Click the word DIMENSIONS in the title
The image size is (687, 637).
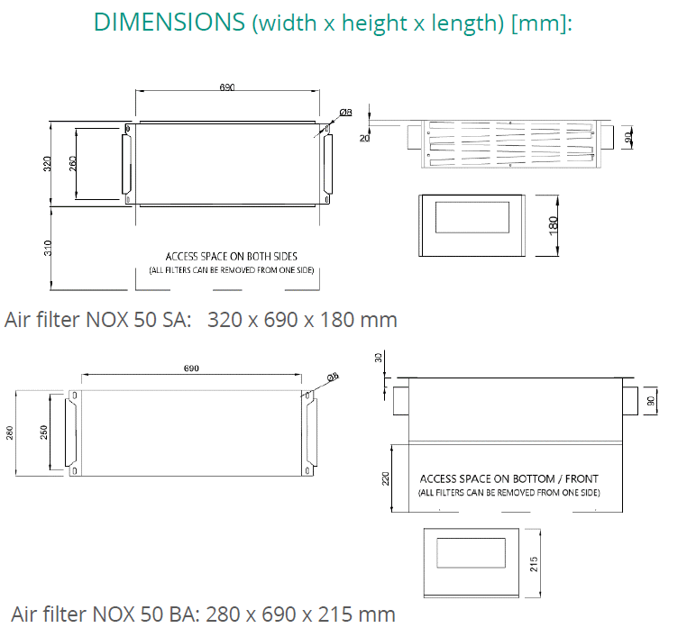(x=169, y=22)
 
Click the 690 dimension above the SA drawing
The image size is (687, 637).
(x=227, y=87)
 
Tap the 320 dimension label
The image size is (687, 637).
(x=47, y=164)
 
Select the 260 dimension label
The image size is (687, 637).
(x=73, y=164)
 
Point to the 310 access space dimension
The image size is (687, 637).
(x=48, y=248)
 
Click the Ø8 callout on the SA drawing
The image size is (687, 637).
(x=345, y=113)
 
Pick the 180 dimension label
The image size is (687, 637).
(x=553, y=225)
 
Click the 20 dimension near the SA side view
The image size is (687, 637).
(x=364, y=139)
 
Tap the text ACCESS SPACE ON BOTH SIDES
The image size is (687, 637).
(x=232, y=257)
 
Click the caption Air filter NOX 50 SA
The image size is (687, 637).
(x=97, y=320)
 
